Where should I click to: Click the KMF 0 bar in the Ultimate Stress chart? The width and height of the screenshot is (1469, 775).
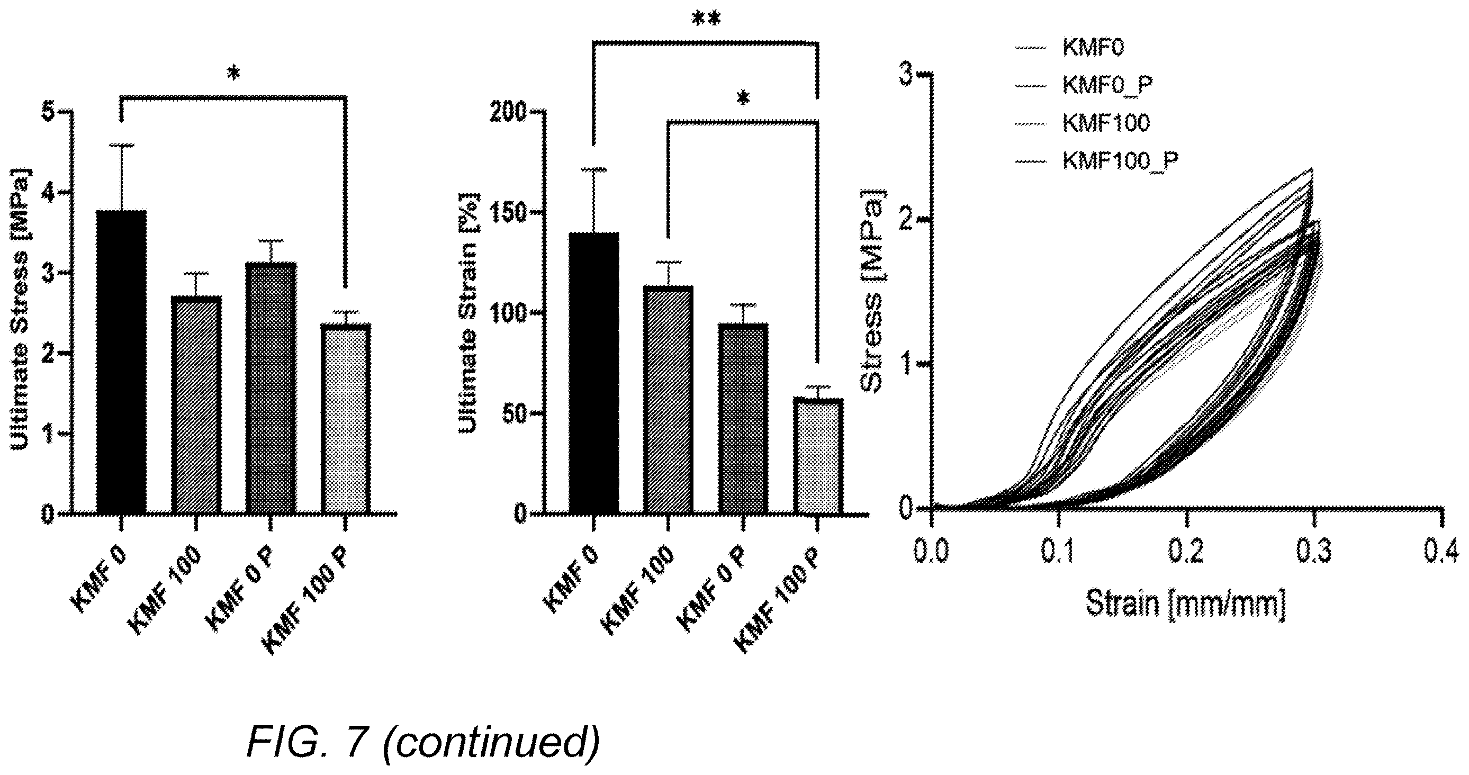(x=121, y=362)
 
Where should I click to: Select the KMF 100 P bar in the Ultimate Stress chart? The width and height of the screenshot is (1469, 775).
(x=346, y=419)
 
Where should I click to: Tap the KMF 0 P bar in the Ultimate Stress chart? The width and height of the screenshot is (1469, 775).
(x=271, y=389)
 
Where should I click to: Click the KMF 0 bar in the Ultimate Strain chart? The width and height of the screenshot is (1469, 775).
(x=593, y=374)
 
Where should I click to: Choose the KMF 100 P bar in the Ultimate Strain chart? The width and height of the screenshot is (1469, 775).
(x=818, y=456)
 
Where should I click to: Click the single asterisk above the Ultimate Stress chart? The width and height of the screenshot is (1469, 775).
(x=234, y=74)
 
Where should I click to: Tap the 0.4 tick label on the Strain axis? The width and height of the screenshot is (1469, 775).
(x=1440, y=552)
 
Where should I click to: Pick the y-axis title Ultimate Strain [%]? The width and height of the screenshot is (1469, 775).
(x=469, y=312)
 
